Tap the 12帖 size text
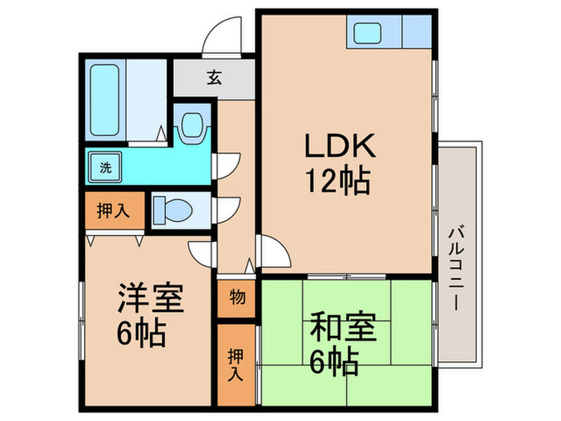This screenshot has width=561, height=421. pyautogui.click(x=337, y=183)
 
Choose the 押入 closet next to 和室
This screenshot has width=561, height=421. pyautogui.click(x=235, y=362)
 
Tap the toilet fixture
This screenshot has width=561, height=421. pyautogui.click(x=172, y=209)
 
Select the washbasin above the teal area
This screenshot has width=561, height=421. pyautogui.click(x=192, y=124)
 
